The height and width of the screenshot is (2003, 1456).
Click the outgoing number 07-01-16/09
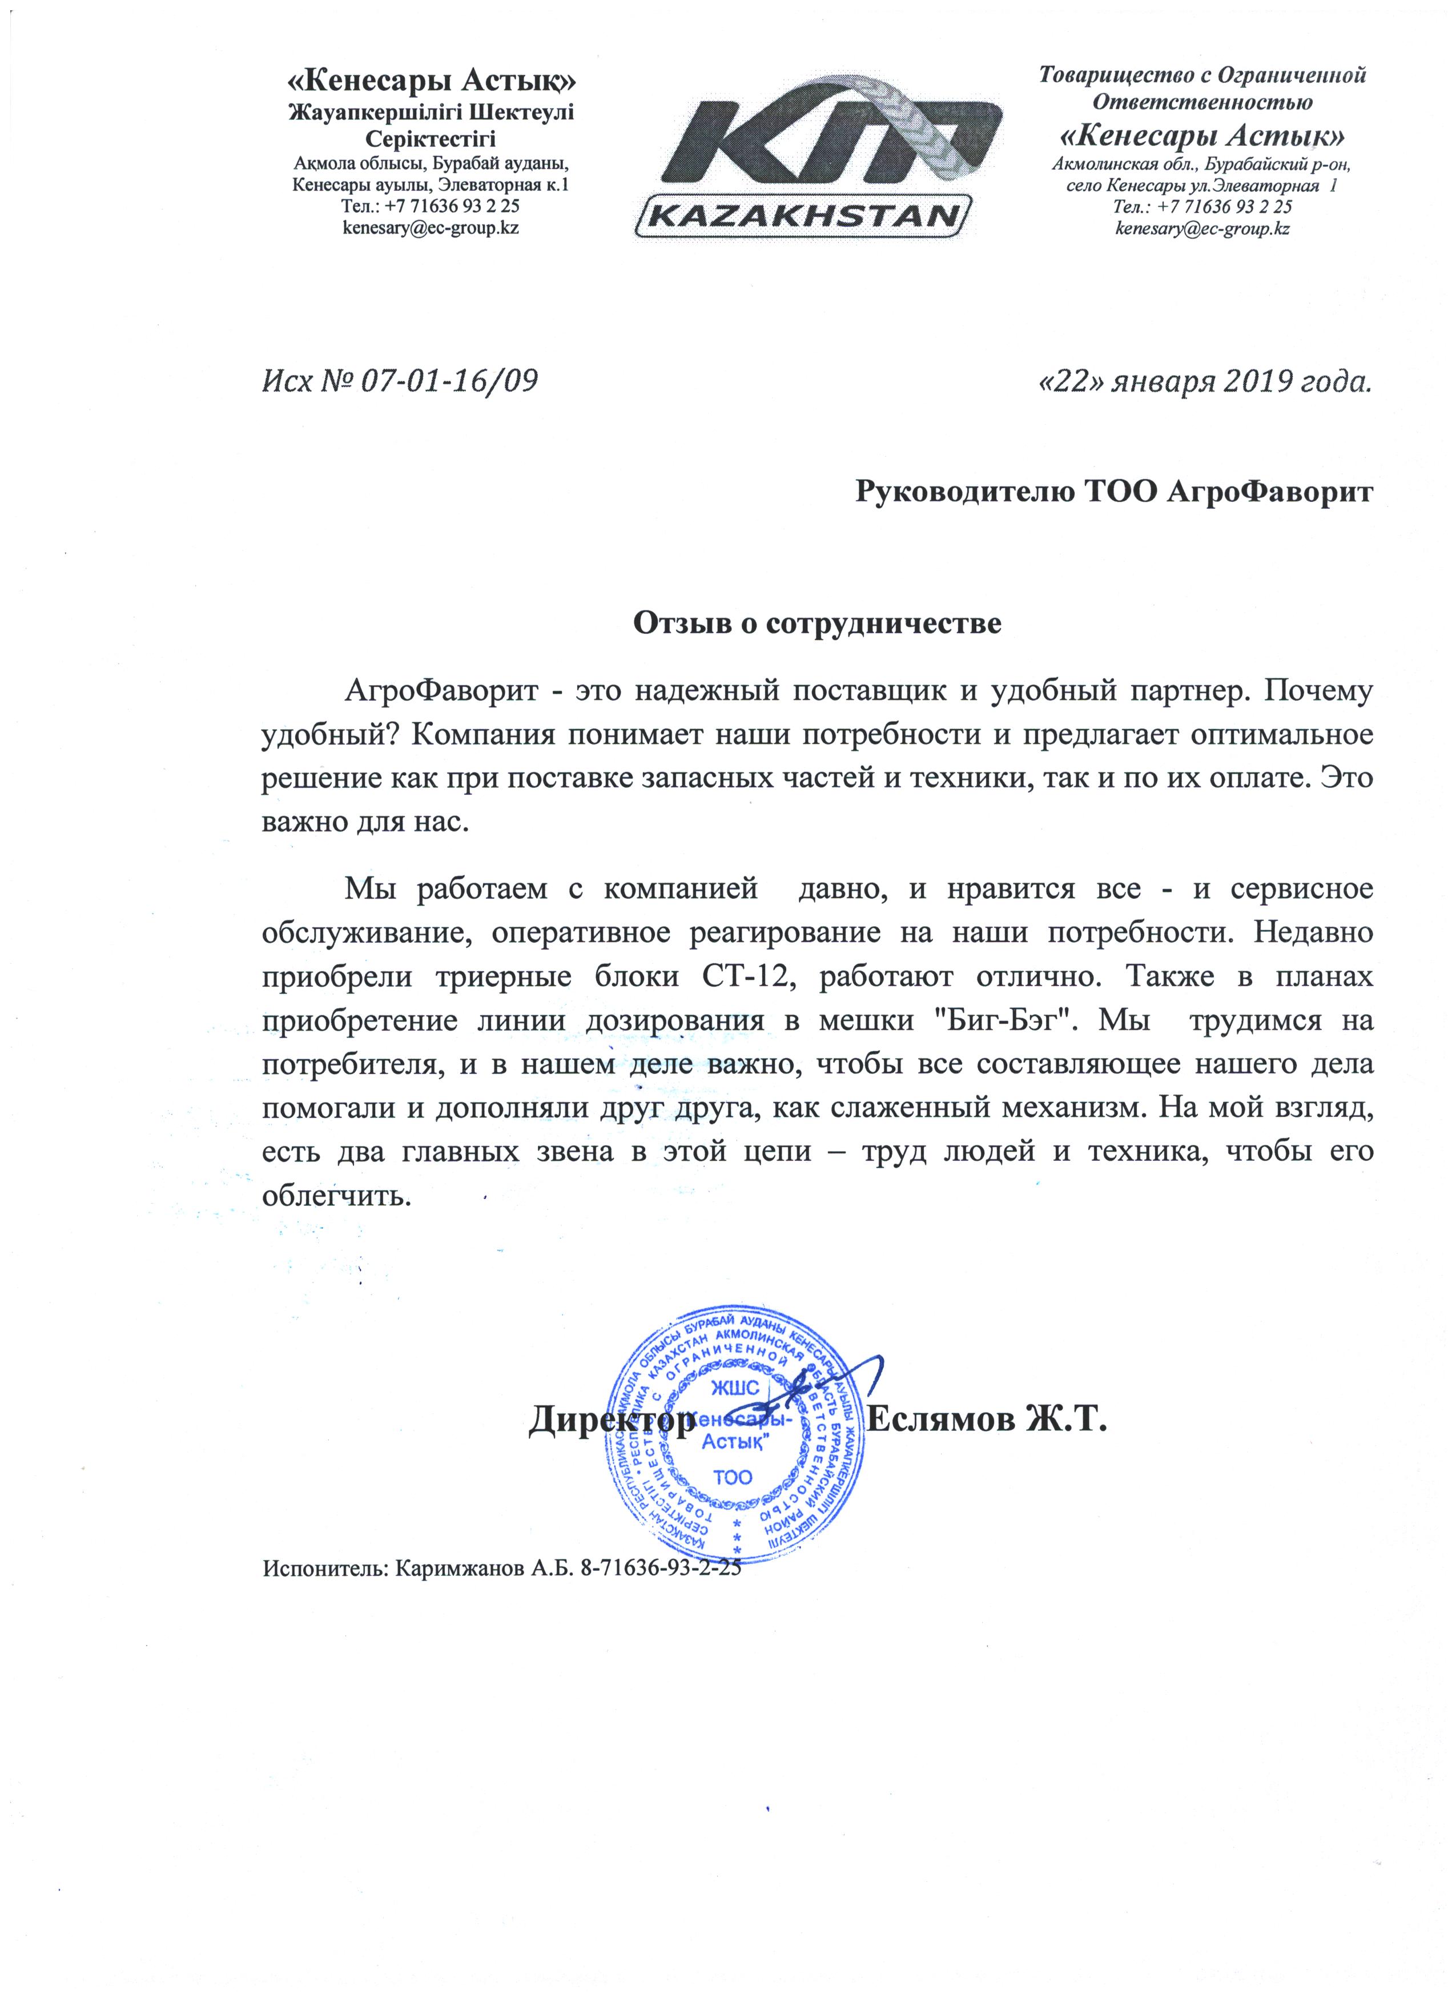[x=449, y=381]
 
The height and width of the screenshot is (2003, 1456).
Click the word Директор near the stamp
[x=611, y=1419]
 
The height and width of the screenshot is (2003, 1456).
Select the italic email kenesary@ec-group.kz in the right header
[x=1202, y=229]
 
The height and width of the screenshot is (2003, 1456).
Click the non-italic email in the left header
[x=430, y=228]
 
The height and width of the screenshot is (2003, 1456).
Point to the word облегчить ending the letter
[x=336, y=1197]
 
